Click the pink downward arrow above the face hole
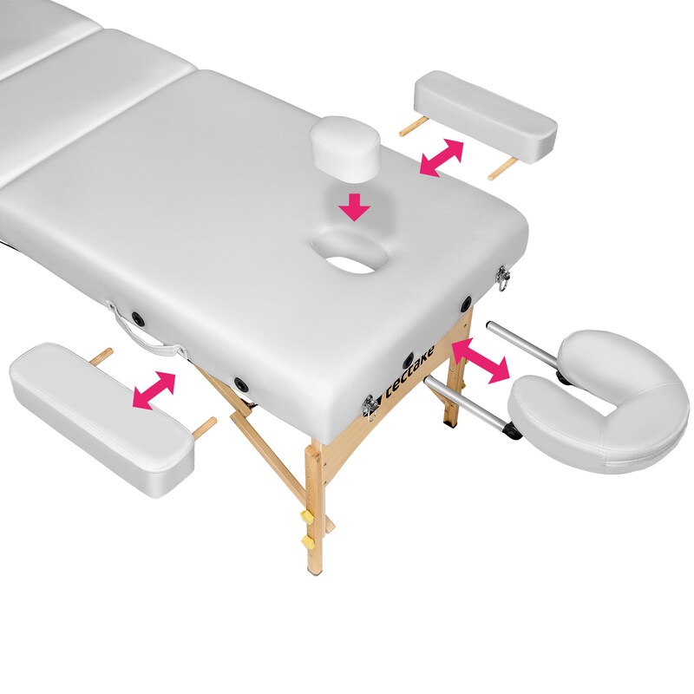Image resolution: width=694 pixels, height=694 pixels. click(356, 206)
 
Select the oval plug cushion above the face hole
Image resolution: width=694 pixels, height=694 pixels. click(344, 149)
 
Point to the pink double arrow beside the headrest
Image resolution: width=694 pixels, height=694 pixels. click(481, 361)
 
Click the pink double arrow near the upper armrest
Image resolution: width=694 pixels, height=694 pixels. click(441, 158)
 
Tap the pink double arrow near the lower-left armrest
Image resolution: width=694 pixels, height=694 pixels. click(154, 390)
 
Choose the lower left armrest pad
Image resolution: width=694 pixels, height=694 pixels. click(101, 419)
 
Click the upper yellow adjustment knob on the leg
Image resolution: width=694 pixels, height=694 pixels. click(306, 515)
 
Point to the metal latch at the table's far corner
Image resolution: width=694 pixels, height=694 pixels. click(503, 277)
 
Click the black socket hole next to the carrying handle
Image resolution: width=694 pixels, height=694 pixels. click(138, 318)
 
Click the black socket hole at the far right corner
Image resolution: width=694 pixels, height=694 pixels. click(466, 303)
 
